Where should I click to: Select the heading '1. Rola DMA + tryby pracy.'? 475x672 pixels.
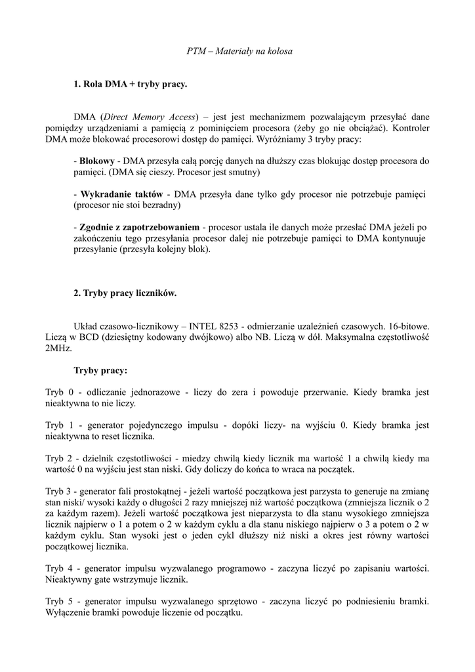tap(131, 84)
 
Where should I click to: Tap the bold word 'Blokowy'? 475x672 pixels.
tap(97, 161)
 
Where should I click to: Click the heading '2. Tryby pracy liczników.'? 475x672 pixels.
tap(125, 293)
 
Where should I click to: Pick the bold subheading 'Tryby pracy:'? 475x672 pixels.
tap(100, 371)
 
